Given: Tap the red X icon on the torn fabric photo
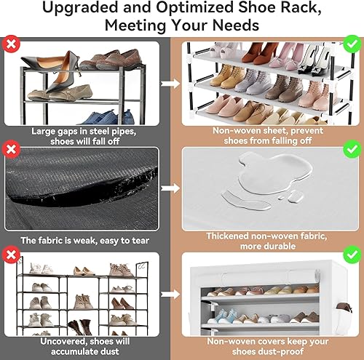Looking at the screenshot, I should point(11,151).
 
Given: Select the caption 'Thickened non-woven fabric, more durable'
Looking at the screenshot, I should point(264,241).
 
